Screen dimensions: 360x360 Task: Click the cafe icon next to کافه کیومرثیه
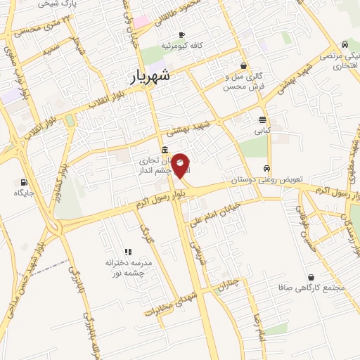click(x=181, y=34)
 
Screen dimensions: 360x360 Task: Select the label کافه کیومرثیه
click(x=181, y=46)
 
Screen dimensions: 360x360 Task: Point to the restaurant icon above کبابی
click(x=262, y=120)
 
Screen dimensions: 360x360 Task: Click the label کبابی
click(x=262, y=131)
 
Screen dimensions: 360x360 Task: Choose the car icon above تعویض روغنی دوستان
click(x=266, y=168)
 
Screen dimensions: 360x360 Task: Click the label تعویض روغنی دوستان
click(x=266, y=179)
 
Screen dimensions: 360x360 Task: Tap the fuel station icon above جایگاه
click(x=25, y=181)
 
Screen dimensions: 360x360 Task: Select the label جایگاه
click(x=25, y=193)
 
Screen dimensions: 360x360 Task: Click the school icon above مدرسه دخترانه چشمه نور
click(x=128, y=252)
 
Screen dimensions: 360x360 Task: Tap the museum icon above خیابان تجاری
click(x=164, y=149)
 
